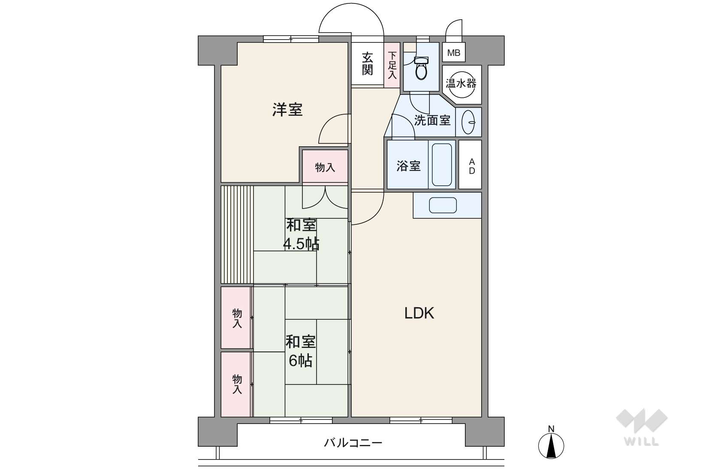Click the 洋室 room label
(x=287, y=109)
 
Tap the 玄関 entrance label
(x=367, y=64)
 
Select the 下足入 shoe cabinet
(x=392, y=65)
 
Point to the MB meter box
(x=454, y=52)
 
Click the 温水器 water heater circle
(x=462, y=84)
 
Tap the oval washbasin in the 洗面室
(x=468, y=122)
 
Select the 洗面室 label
(x=432, y=120)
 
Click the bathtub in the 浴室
(x=441, y=164)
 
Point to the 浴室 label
(x=408, y=166)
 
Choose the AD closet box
(x=470, y=164)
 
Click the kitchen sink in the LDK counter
(x=443, y=205)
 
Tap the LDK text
(x=419, y=313)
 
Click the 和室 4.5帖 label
(x=301, y=234)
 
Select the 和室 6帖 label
(x=300, y=351)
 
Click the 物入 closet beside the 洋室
(x=325, y=166)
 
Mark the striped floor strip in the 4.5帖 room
(x=237, y=234)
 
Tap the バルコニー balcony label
(x=353, y=443)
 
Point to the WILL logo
(x=642, y=427)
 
